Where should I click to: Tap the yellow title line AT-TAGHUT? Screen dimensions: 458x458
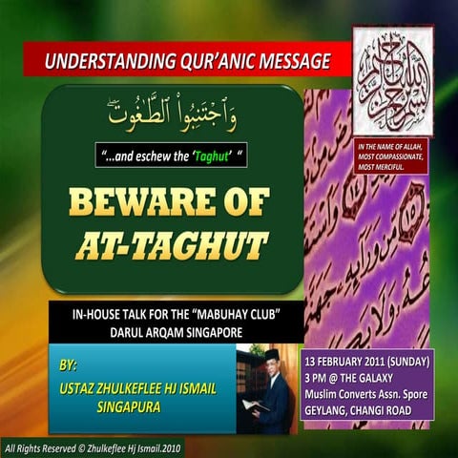(x=172, y=246)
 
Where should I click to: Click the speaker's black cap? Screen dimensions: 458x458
(x=271, y=354)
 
